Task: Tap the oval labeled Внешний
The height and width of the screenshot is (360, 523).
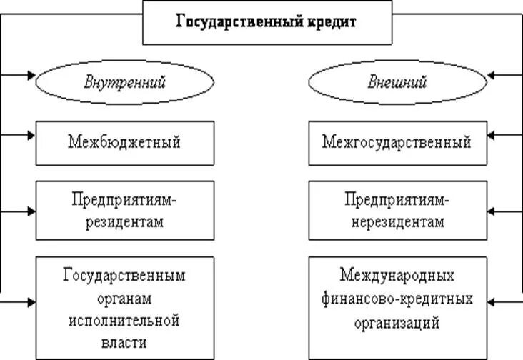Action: click(397, 81)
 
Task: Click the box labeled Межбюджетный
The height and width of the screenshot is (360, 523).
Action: click(124, 143)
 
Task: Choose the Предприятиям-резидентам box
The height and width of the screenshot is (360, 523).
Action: click(124, 210)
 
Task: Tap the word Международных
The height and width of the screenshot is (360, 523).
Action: click(398, 274)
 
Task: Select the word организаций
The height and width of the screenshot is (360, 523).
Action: click(398, 322)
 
